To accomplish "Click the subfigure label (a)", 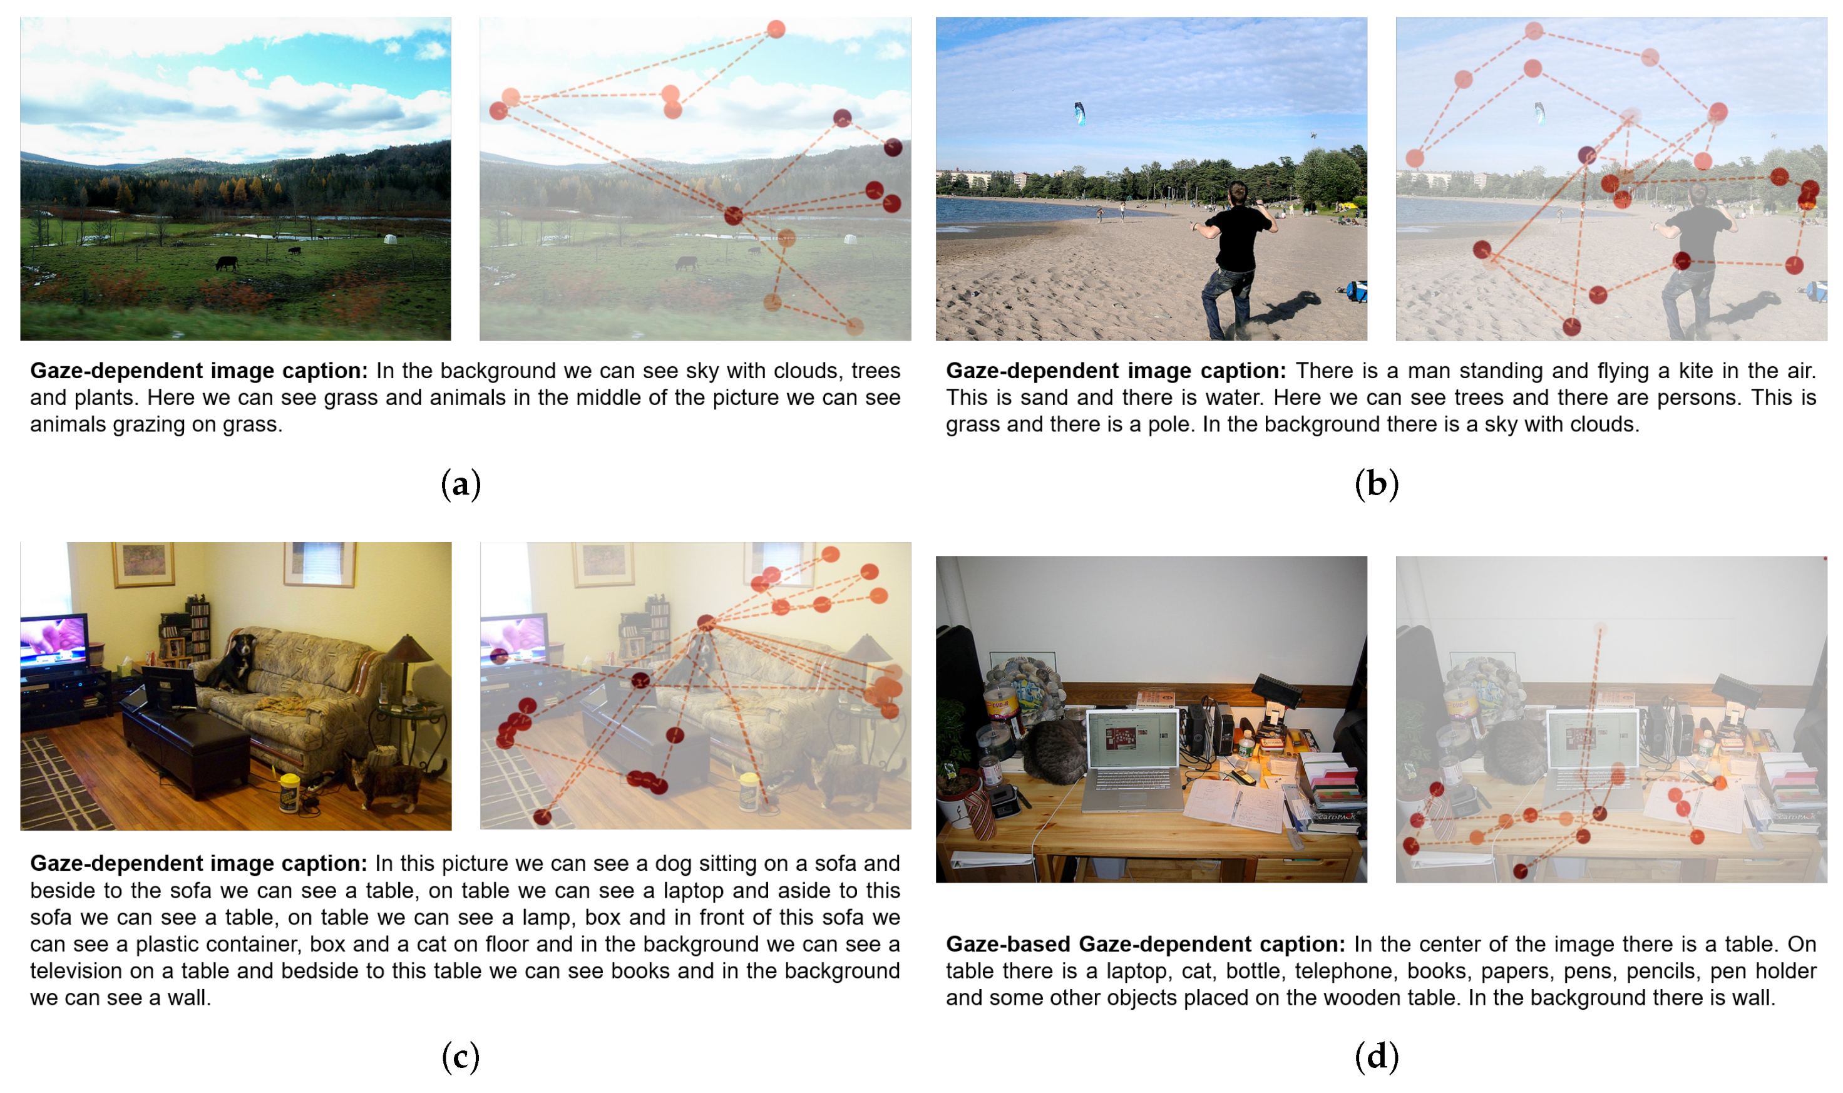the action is click(x=461, y=485).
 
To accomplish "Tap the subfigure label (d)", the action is click(x=1376, y=1058).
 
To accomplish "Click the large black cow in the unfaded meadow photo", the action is click(x=226, y=263).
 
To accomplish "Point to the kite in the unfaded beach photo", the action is click(x=1079, y=113).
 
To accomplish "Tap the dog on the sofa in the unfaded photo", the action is click(x=234, y=662).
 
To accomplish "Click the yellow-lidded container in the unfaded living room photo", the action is click(x=289, y=793).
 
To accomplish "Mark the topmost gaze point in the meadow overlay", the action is click(x=776, y=29).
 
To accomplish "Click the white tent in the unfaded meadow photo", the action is click(x=390, y=239).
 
